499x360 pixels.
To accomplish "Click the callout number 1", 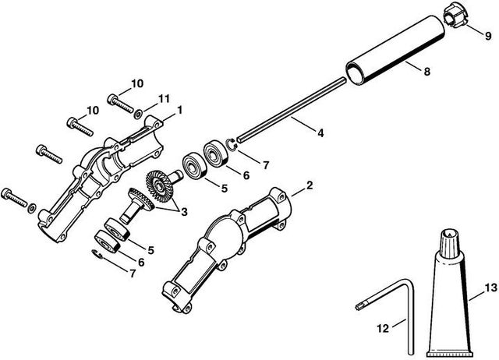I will (x=179, y=110).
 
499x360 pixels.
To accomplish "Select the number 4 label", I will (x=320, y=132).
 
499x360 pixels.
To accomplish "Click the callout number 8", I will (x=426, y=72).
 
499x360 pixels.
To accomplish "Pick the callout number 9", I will (x=488, y=36).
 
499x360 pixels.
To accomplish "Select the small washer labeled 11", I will (x=138, y=114).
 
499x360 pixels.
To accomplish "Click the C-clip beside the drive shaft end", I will (x=232, y=141).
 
